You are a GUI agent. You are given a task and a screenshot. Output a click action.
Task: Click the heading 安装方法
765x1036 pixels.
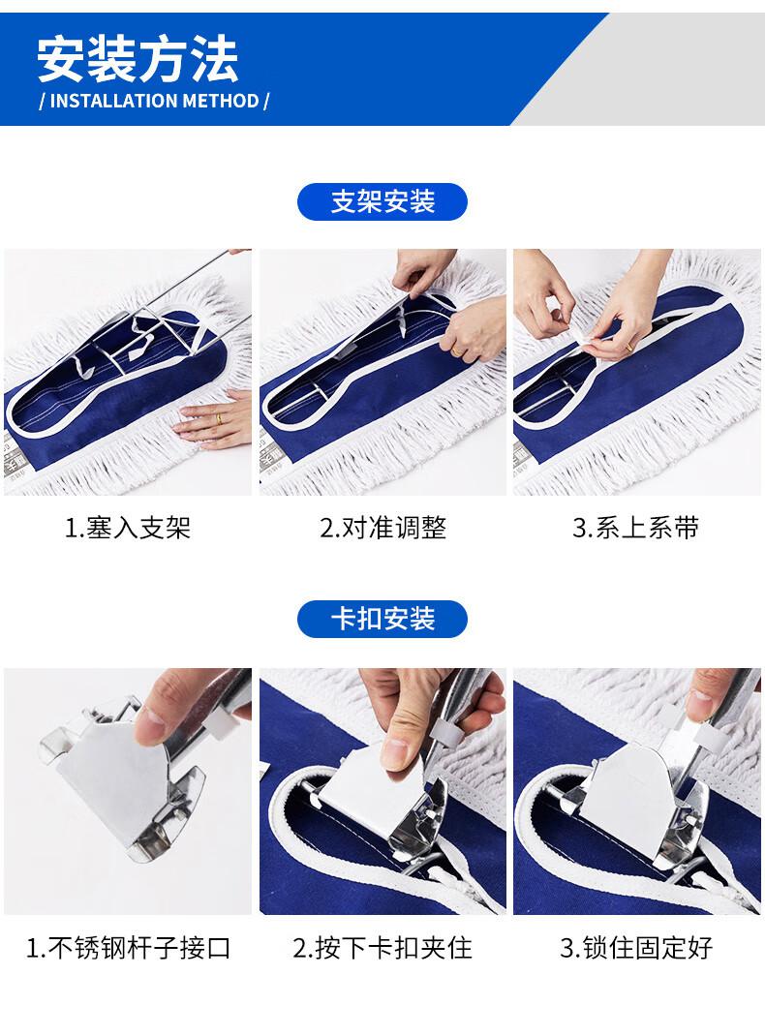point(138,59)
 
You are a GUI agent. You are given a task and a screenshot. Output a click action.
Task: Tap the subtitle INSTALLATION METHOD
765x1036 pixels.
point(155,101)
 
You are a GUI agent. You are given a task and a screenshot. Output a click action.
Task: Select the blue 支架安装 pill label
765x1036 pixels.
point(382,201)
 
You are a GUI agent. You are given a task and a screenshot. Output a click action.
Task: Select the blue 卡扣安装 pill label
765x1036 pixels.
point(382,619)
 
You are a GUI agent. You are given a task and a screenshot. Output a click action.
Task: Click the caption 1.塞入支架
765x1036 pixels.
point(128,528)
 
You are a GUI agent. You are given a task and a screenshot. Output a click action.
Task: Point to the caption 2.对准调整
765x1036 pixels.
point(383,528)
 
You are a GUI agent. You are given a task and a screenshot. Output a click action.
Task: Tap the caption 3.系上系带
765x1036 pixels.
point(636,528)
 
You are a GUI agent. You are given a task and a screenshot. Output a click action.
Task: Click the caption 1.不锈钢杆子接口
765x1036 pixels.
point(128,948)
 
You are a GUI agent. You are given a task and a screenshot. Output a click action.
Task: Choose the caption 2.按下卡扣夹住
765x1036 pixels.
point(382,948)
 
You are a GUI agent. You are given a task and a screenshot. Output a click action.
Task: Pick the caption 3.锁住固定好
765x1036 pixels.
point(637,948)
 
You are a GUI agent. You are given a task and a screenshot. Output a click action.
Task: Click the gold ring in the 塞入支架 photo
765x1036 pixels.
point(218,418)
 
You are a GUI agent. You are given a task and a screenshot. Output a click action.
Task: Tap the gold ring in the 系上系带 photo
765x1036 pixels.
point(628,346)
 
